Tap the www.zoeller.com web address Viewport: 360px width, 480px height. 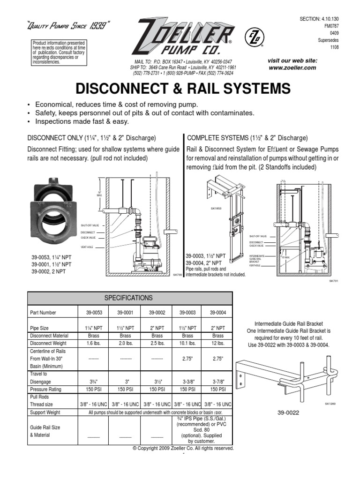(292, 68)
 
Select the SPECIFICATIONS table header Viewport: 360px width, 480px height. (129, 298)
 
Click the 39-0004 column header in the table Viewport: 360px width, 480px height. (217, 313)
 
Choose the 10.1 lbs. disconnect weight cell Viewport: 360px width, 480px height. (187, 344)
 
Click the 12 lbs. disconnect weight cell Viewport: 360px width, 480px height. (217, 344)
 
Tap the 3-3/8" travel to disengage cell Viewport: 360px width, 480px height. (187, 381)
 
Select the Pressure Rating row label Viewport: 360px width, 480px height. (46, 389)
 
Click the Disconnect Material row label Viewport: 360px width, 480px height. (49, 336)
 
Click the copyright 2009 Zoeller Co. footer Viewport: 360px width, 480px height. (183, 448)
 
